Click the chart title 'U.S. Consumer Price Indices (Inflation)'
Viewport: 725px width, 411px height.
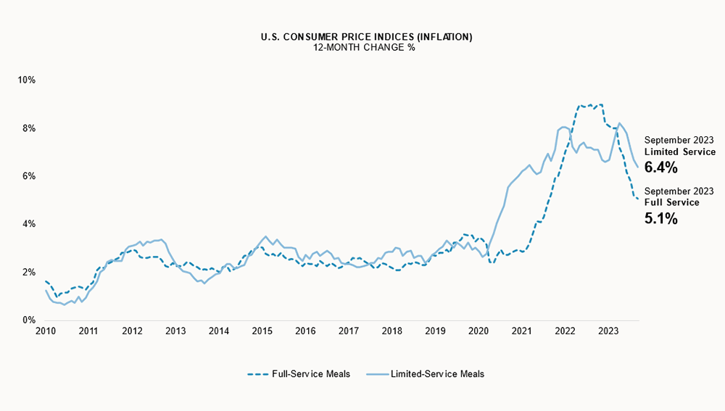coord(363,36)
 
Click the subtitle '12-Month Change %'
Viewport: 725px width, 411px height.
coord(363,47)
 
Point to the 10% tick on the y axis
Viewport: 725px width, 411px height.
coord(27,80)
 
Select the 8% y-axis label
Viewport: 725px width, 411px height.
coord(29,128)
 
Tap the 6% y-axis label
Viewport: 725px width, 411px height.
coord(29,176)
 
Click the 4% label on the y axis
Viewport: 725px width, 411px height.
coord(29,224)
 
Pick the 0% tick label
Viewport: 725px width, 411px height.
coord(29,320)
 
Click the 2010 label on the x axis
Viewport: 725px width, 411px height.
coord(45,331)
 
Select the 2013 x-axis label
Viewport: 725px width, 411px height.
coord(175,331)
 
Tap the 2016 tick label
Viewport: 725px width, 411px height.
coord(305,331)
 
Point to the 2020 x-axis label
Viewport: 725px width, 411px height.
coord(478,331)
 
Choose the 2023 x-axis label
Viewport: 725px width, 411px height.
coord(608,331)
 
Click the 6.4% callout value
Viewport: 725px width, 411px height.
coord(660,167)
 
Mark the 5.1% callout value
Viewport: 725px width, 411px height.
coord(660,217)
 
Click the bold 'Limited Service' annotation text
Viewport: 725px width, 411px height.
coord(679,152)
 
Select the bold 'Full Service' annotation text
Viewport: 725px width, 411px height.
coord(672,202)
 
